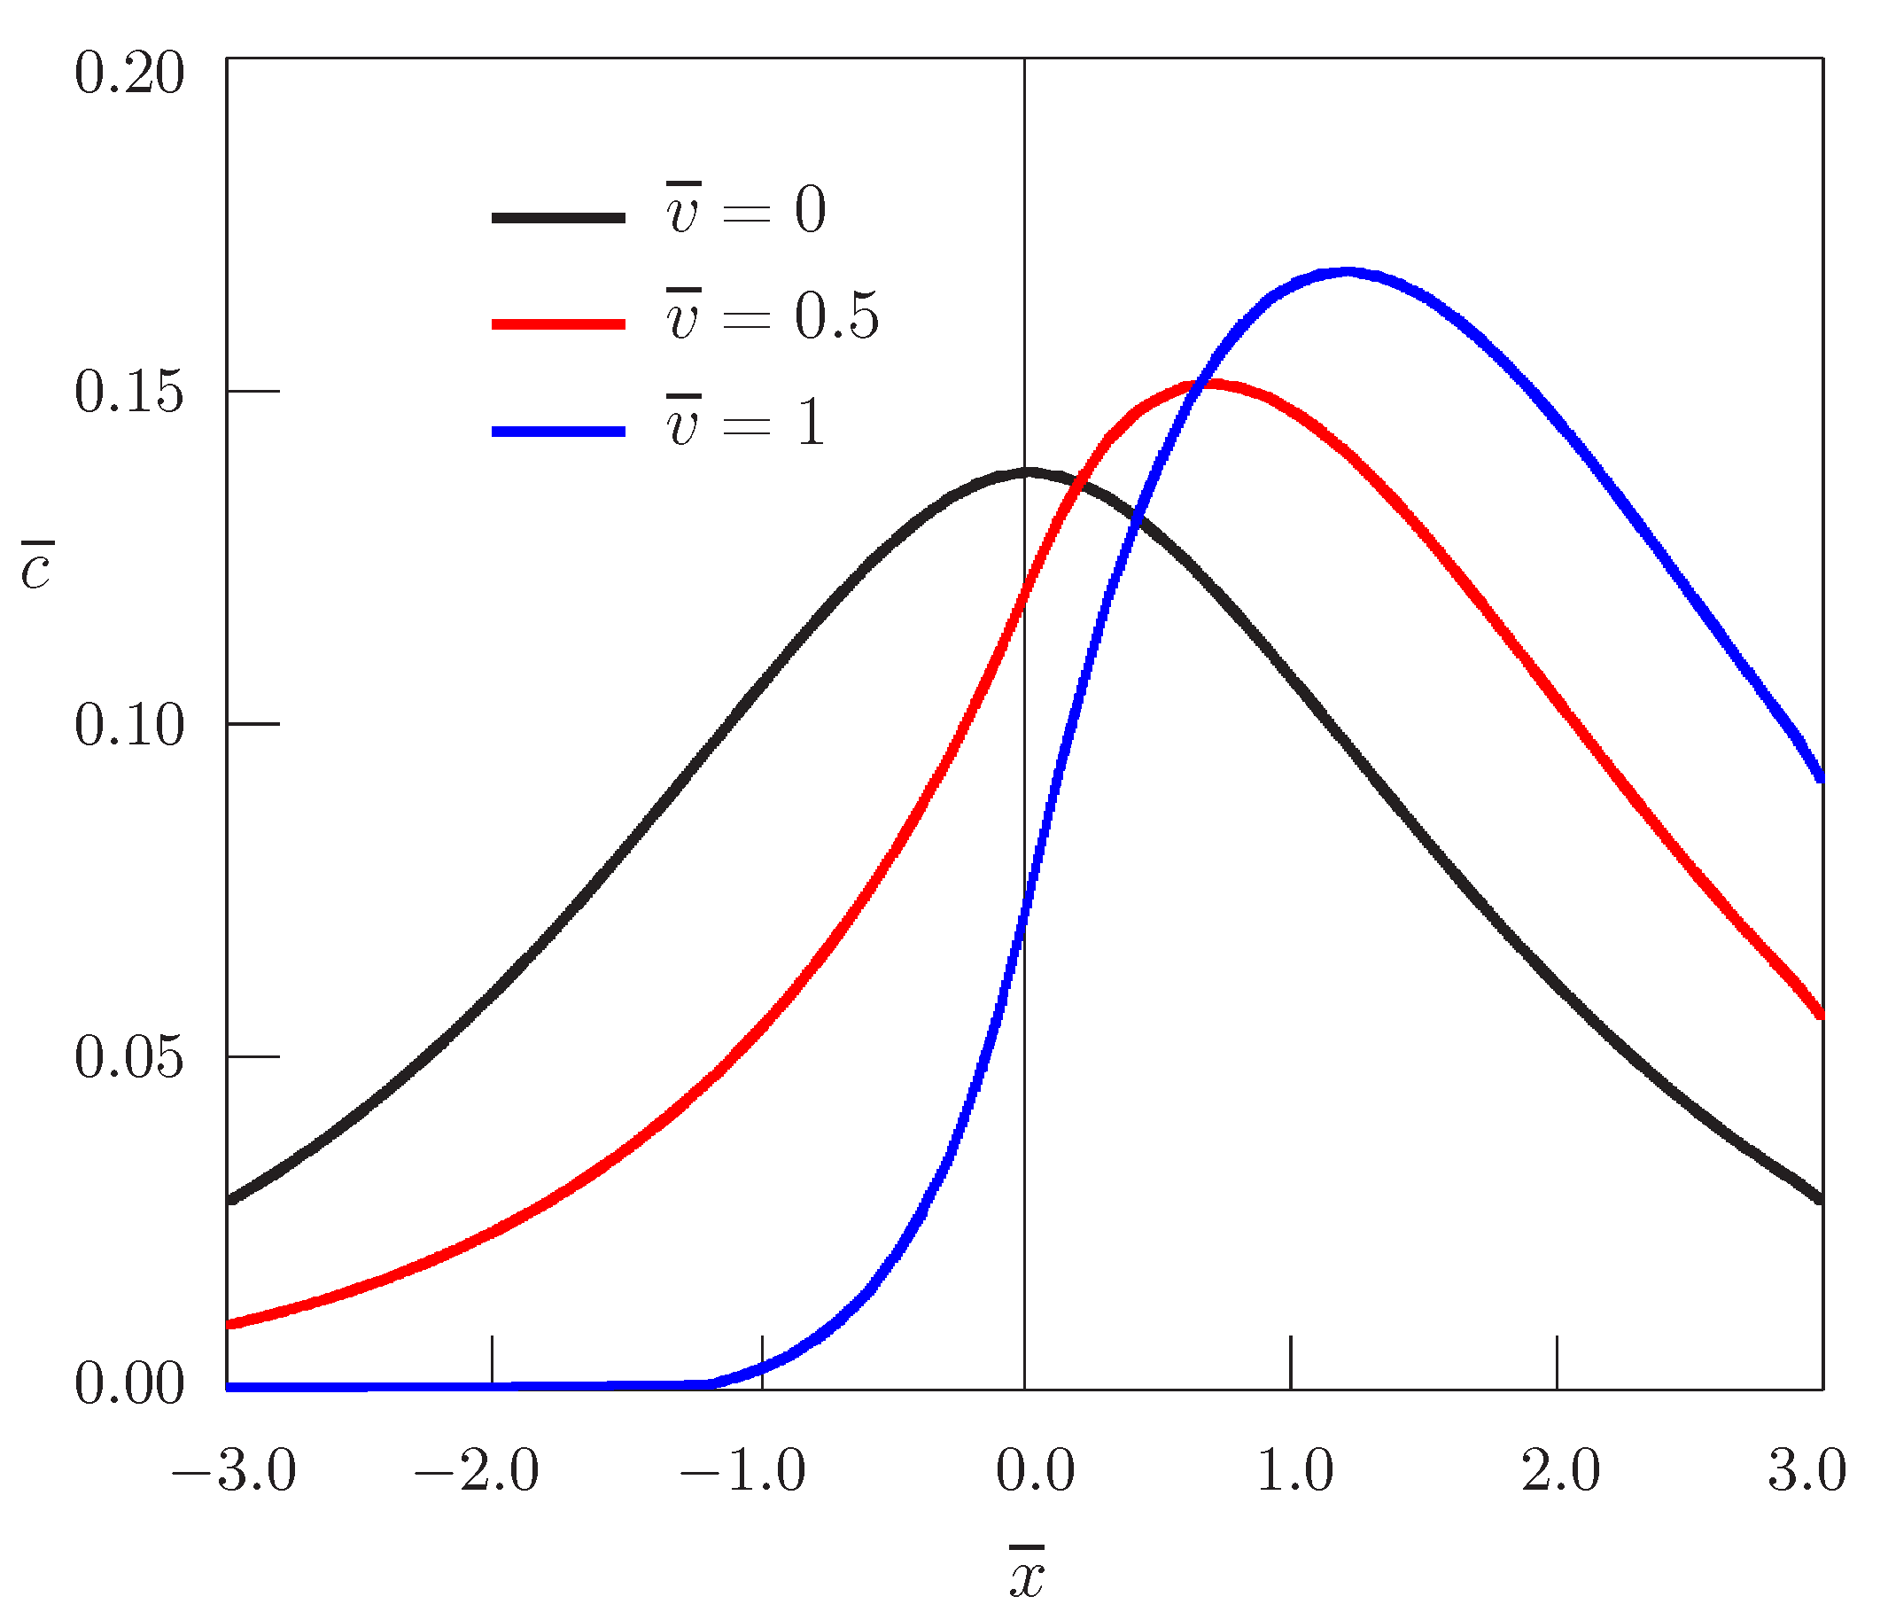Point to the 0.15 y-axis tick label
128,393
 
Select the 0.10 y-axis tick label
128,727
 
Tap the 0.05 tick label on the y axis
128,1058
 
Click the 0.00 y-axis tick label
128,1384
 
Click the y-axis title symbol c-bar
36,567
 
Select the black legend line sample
558,218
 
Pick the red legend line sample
558,324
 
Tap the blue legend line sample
558,431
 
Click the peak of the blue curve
1347,272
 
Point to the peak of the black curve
1028,473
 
